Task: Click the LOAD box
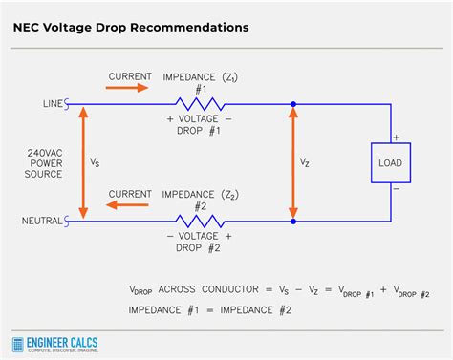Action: click(x=390, y=162)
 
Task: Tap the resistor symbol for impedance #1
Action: click(x=200, y=104)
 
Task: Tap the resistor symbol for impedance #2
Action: click(x=200, y=221)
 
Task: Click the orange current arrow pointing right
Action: click(x=127, y=87)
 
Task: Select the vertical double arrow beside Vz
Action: click(x=292, y=162)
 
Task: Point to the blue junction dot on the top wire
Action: click(x=292, y=104)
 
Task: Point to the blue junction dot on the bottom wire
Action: click(x=292, y=221)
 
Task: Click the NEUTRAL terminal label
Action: click(x=44, y=221)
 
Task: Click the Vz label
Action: click(x=306, y=163)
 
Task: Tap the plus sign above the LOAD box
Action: click(x=396, y=137)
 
